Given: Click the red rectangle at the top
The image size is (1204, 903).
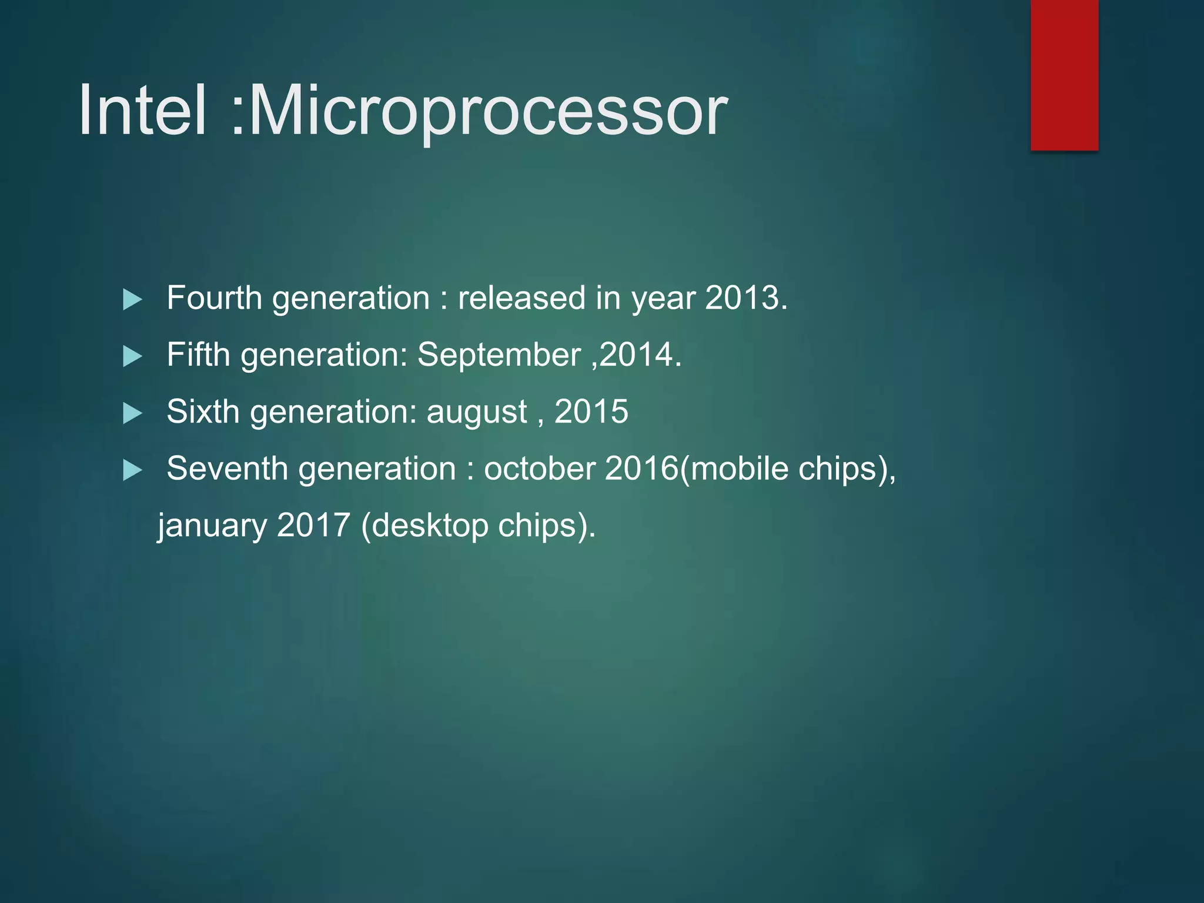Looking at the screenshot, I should [1064, 75].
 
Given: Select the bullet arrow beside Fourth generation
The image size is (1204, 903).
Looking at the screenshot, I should [132, 300].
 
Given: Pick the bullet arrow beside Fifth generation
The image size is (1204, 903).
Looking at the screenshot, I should [132, 356].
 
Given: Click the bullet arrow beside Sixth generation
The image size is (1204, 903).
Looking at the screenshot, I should [132, 413].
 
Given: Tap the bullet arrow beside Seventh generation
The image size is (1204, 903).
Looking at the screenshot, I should [132, 470].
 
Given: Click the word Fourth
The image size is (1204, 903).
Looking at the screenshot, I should [214, 297].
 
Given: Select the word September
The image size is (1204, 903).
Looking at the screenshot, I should [499, 354].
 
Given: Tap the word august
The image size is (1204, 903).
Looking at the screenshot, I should [476, 412].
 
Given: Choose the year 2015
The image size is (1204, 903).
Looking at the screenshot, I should [591, 412].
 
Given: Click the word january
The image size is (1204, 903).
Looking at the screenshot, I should [212, 526].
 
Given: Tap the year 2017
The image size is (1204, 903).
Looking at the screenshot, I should [313, 525].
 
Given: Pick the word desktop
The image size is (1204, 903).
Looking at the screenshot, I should [430, 526].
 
